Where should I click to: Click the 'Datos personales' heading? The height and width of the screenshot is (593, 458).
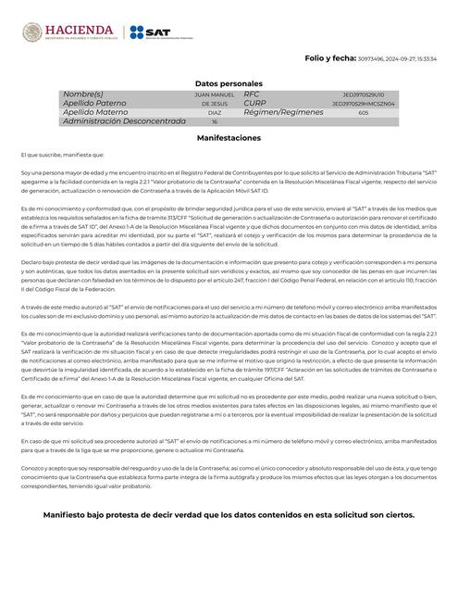229,83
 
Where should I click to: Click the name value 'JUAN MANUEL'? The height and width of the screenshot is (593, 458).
215,95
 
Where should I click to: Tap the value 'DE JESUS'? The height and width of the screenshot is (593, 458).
215,104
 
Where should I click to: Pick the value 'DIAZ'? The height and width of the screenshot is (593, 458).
215,113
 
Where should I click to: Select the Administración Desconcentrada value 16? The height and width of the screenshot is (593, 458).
215,121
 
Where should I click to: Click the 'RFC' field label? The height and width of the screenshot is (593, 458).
252,95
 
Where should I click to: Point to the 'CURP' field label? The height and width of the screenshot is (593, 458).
255,104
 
